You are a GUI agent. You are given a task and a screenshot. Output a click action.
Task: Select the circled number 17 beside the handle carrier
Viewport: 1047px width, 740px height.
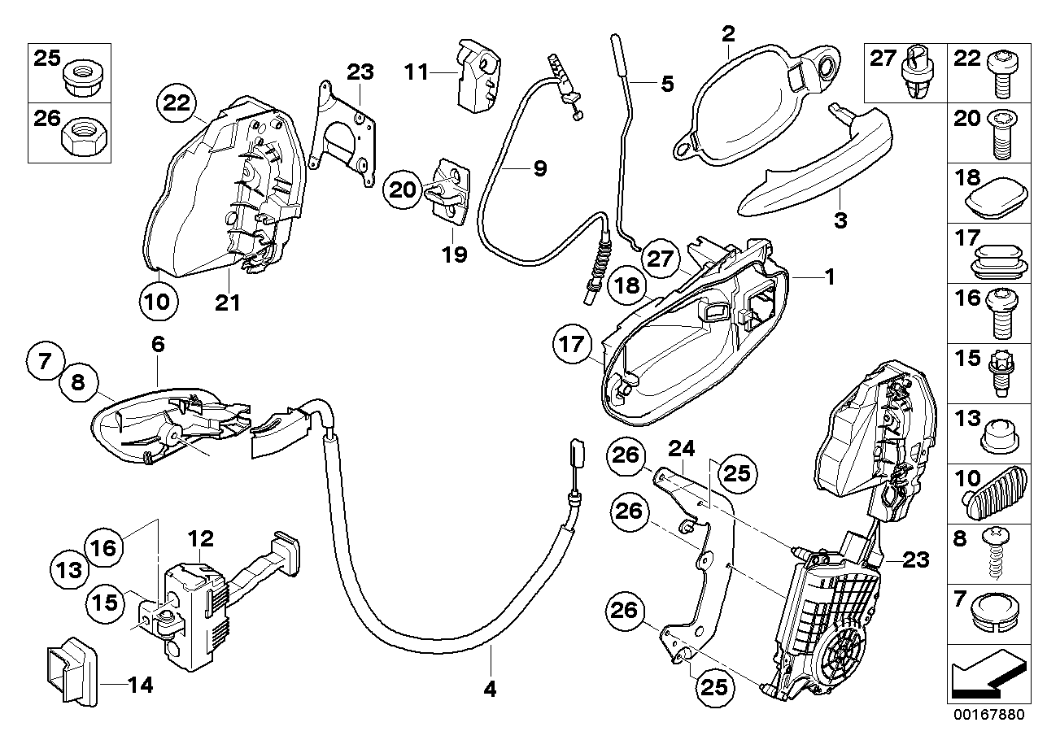pyautogui.click(x=572, y=345)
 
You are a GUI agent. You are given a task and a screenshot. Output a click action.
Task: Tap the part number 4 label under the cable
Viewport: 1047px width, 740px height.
pyautogui.click(x=489, y=690)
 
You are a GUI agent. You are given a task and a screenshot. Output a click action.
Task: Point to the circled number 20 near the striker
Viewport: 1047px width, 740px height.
pyautogui.click(x=403, y=190)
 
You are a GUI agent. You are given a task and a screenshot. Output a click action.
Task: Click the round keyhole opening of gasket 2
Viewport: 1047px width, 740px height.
pyautogui.click(x=828, y=67)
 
